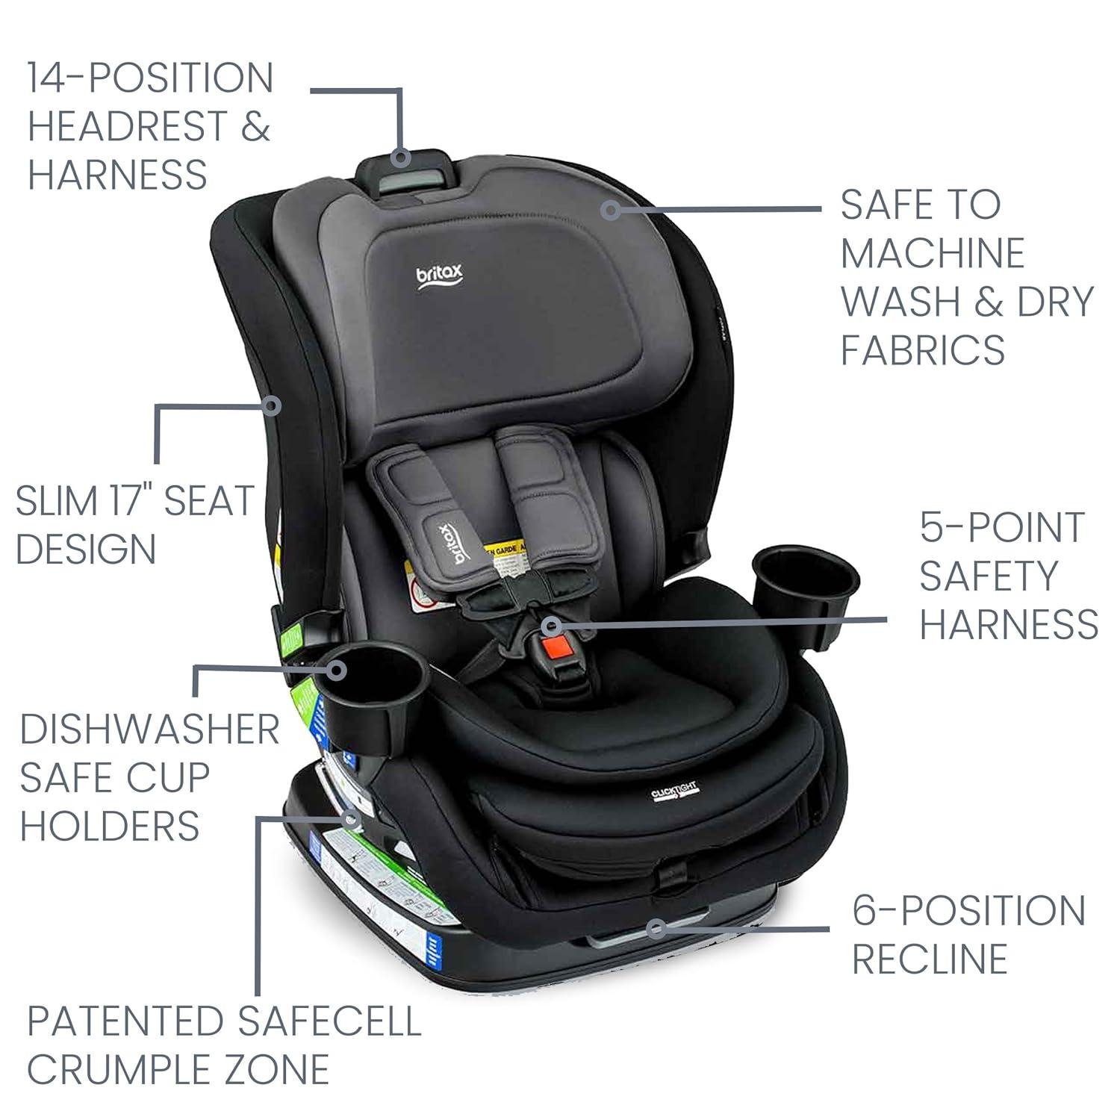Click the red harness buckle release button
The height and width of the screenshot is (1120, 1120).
click(554, 643)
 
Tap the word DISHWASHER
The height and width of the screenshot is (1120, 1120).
click(149, 729)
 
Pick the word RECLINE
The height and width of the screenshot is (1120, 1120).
click(930, 959)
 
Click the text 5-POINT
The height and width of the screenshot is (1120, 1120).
click(1001, 528)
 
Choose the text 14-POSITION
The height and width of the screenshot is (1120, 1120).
click(151, 78)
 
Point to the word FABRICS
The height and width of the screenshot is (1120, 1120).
click(923, 349)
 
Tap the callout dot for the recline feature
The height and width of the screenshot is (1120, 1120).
click(656, 929)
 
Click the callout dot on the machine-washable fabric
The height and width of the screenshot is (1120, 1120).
click(612, 210)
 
